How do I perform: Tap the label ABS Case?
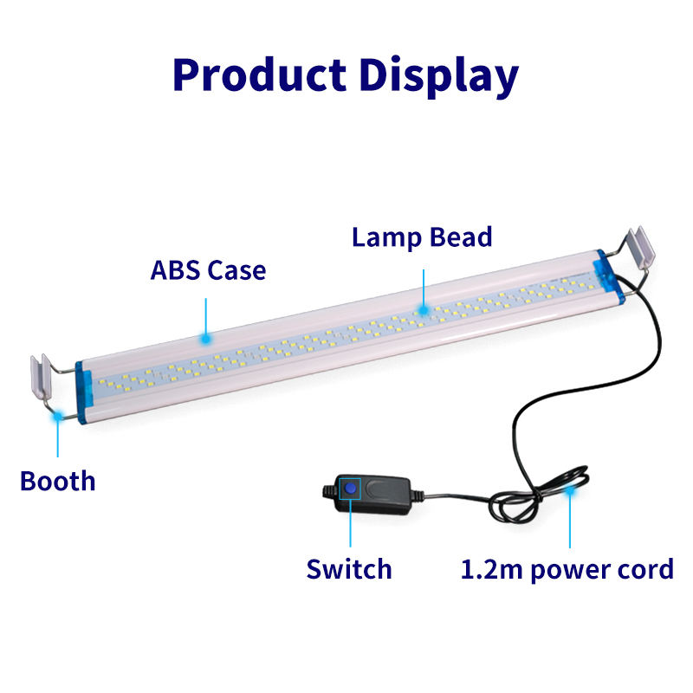208,269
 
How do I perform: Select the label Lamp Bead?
422,236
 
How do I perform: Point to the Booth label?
58,480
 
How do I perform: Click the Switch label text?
349,569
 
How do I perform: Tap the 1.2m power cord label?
567,569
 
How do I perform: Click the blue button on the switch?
350,489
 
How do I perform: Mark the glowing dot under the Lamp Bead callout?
423,308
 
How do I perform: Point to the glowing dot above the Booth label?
57,417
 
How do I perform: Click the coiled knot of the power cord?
520,502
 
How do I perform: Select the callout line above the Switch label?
350,528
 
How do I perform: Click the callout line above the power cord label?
570,524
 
